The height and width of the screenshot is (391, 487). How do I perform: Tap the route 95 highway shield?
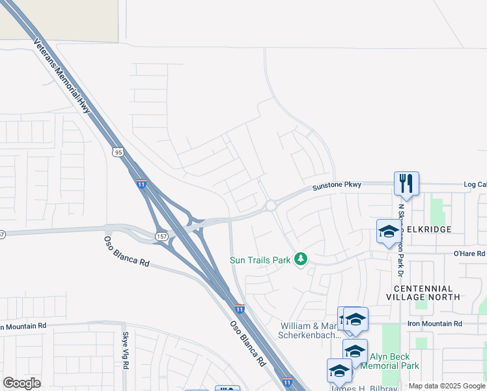[117, 152]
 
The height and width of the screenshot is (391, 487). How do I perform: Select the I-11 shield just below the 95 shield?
[141, 184]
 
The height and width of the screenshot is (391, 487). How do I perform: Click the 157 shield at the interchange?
[161, 235]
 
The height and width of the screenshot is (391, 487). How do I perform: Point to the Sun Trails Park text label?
[260, 260]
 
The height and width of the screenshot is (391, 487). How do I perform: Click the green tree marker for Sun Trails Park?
[301, 260]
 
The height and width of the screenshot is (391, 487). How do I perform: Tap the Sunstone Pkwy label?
[337, 186]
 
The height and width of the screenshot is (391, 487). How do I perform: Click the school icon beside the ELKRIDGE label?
[389, 231]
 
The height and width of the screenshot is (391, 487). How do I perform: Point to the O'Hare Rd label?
[469, 253]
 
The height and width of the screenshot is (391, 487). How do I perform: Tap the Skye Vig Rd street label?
[126, 351]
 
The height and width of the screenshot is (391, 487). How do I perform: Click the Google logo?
[21, 383]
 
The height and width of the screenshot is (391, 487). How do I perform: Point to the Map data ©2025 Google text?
[447, 386]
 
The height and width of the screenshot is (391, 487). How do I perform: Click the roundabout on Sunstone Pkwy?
[270, 205]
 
